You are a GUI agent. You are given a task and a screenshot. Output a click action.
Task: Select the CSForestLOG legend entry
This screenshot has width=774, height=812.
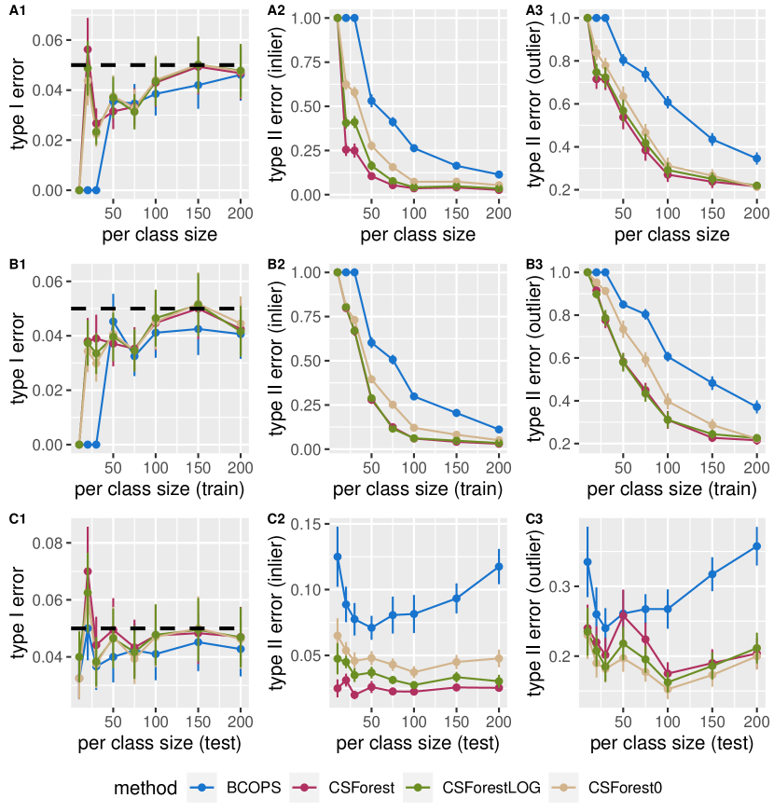484,788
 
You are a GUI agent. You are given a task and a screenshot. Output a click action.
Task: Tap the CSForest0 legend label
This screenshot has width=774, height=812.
625,788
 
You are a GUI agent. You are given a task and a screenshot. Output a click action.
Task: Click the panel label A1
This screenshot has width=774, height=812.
17,10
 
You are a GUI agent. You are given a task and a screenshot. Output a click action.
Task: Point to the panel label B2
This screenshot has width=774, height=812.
276,265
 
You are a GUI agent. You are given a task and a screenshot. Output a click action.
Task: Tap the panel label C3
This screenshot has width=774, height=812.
534,519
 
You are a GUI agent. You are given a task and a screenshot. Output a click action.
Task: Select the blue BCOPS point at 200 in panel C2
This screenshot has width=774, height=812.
499,566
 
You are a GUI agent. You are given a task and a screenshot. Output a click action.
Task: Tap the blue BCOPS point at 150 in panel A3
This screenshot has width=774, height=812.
712,139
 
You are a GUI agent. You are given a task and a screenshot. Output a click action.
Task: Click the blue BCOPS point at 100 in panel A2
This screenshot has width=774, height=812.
413,148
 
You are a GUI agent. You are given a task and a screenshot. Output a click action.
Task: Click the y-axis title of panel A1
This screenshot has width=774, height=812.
17,103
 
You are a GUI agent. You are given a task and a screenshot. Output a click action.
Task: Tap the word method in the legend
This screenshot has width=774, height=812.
145,788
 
